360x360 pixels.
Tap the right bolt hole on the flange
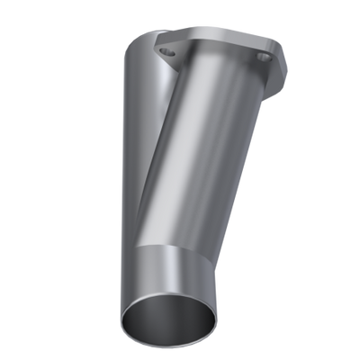263,57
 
